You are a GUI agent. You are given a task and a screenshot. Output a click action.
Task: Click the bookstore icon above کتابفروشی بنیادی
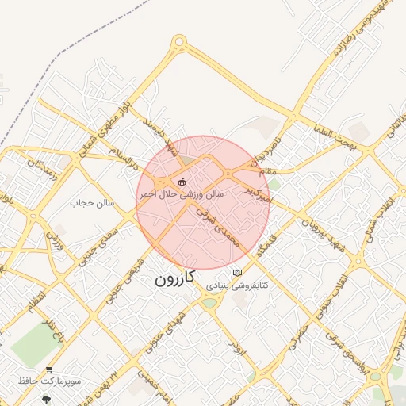[x=237, y=273]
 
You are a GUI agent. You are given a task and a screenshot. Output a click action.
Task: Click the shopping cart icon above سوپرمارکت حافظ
[x=50, y=370]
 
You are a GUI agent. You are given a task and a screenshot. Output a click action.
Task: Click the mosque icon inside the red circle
[x=183, y=182]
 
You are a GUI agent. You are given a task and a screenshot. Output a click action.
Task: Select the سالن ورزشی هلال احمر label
[x=182, y=193]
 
